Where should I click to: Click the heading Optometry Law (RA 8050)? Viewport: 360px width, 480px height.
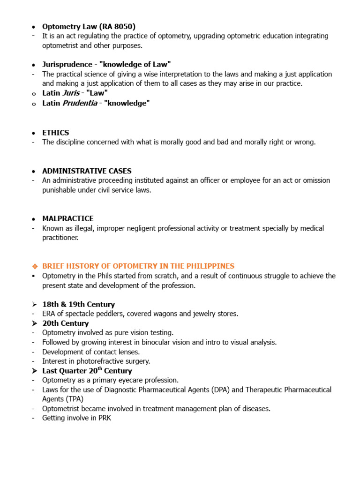[89, 26]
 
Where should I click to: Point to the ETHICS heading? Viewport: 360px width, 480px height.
[55, 133]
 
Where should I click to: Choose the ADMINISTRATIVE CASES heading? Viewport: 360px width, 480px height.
[87, 171]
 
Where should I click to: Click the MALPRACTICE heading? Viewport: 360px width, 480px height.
[68, 218]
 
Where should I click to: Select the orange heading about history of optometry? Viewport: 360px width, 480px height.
[138, 266]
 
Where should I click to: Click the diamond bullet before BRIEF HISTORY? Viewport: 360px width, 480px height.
[34, 266]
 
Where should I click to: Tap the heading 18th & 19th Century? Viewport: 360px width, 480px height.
[78, 304]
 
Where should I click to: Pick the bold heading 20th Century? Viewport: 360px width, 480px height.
[65, 323]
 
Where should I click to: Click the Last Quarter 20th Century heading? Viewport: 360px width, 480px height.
[87, 370]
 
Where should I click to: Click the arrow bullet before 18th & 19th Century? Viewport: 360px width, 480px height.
[34, 305]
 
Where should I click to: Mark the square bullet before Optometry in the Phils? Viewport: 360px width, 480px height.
[34, 276]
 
